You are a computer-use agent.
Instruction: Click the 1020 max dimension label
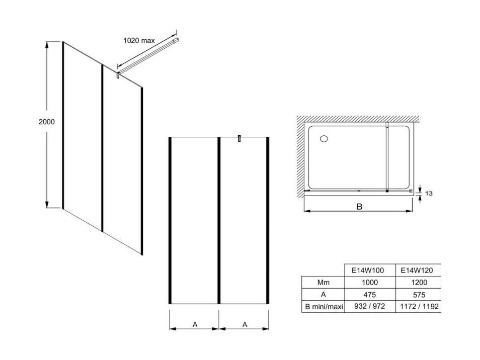pyautogui.click(x=139, y=40)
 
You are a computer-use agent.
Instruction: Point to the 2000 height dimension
pyautogui.click(x=46, y=122)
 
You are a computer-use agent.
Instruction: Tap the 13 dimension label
pyautogui.click(x=429, y=193)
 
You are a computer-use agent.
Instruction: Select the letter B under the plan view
pyautogui.click(x=359, y=207)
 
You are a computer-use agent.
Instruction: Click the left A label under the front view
pyautogui.click(x=195, y=324)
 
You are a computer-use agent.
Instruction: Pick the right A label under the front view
pyautogui.click(x=245, y=324)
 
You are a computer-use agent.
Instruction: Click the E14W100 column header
pyautogui.click(x=367, y=271)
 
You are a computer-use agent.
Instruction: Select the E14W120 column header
pyautogui.click(x=417, y=271)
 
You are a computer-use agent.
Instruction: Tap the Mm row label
pyautogui.click(x=323, y=282)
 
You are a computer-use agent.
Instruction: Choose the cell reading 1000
pyautogui.click(x=369, y=282)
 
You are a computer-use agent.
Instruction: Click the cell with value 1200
pyautogui.click(x=419, y=282)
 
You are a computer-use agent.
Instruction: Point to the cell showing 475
pyautogui.click(x=369, y=295)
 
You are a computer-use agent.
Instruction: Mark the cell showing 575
pyautogui.click(x=419, y=295)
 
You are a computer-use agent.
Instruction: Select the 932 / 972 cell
pyautogui.click(x=369, y=306)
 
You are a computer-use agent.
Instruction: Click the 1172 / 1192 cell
pyautogui.click(x=419, y=306)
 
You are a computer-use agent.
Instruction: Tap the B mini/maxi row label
pyautogui.click(x=324, y=307)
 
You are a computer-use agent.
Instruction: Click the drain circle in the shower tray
pyautogui.click(x=324, y=139)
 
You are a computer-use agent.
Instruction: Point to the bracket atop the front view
pyautogui.click(x=239, y=139)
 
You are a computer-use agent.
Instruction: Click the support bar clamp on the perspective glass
pyautogui.click(x=118, y=75)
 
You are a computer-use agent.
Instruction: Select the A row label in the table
pyautogui.click(x=323, y=295)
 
